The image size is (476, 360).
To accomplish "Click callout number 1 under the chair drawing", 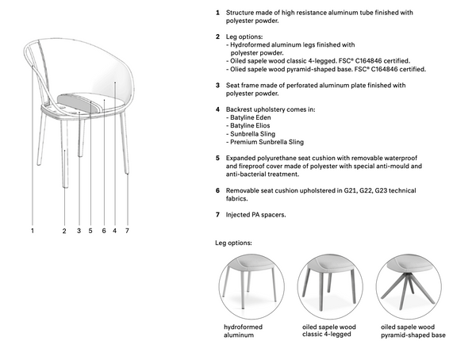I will [33, 231].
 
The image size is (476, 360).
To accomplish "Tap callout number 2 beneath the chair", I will [64, 231].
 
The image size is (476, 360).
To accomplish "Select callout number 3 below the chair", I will [79, 231].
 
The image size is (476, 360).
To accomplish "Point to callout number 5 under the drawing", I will [91, 231].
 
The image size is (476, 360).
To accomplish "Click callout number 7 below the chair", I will [127, 231].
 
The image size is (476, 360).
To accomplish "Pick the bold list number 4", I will [217, 109].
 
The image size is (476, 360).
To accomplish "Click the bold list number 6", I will [217, 191].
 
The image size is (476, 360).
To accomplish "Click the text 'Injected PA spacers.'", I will [256, 215].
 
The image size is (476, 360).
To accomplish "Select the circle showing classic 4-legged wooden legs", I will [328, 285].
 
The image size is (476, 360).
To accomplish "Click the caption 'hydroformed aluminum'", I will [243, 331].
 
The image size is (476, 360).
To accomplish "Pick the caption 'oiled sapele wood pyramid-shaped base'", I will [413, 331].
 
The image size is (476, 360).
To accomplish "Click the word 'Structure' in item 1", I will [240, 14].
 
